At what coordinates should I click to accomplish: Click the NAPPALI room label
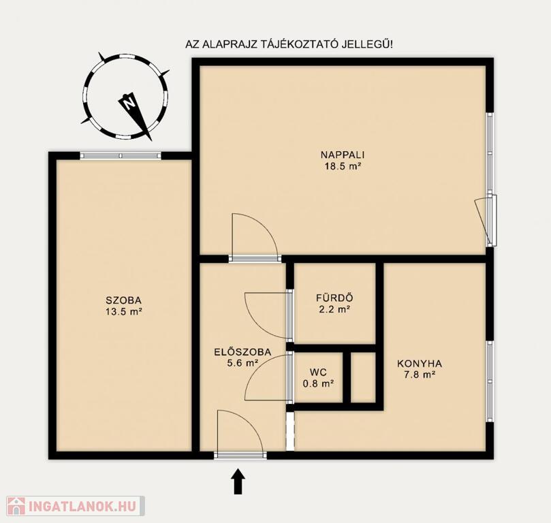coord(343,155)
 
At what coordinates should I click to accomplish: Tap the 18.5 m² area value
coord(343,166)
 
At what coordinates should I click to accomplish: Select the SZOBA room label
coord(123,300)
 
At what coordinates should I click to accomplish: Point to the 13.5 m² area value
coord(123,311)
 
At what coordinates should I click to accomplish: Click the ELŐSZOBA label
coord(242,352)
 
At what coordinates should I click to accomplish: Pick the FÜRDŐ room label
coord(334,298)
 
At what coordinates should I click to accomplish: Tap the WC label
coord(318,372)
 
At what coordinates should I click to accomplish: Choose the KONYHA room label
coord(420,364)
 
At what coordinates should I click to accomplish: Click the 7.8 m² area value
coord(420,375)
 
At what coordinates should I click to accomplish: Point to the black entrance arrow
coord(238,482)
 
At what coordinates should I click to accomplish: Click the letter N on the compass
coord(128,103)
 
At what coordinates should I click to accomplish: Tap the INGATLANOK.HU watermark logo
coord(76,506)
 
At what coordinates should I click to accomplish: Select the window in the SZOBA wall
coord(121,155)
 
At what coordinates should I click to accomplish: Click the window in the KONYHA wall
coord(490,381)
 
